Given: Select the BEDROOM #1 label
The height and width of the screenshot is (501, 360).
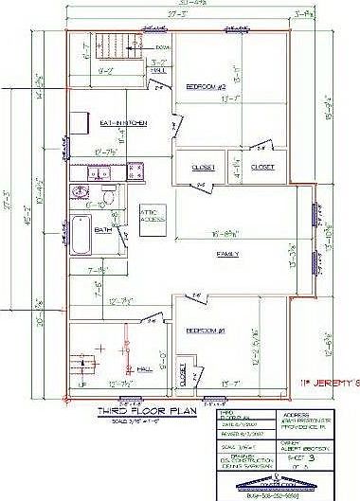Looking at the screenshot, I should (x=205, y=331).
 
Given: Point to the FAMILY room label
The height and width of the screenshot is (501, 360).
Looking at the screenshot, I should (x=228, y=255).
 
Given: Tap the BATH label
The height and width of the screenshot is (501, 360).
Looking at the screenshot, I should (x=102, y=228).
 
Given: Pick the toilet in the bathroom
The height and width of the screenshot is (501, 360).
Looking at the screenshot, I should (x=111, y=200).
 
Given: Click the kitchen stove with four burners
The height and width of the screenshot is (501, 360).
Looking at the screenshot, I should (x=135, y=170).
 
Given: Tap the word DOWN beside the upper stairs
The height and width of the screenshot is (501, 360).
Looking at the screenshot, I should (x=163, y=46).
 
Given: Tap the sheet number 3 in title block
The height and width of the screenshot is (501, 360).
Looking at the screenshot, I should (x=338, y=456).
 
